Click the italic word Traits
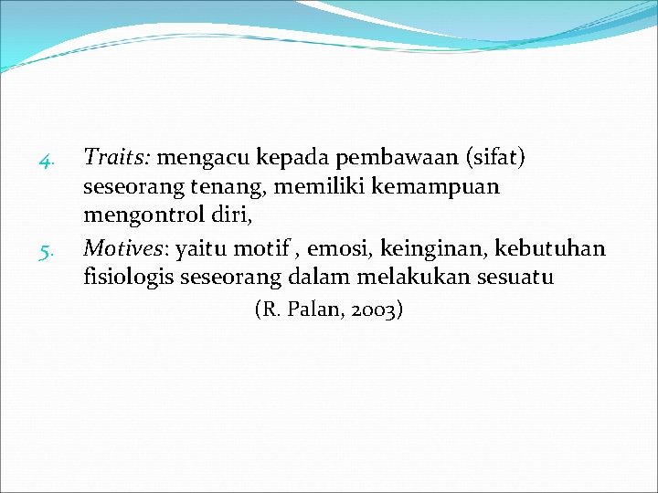pos(117,159)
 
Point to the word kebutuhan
pos(550,248)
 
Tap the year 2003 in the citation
pos(372,310)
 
